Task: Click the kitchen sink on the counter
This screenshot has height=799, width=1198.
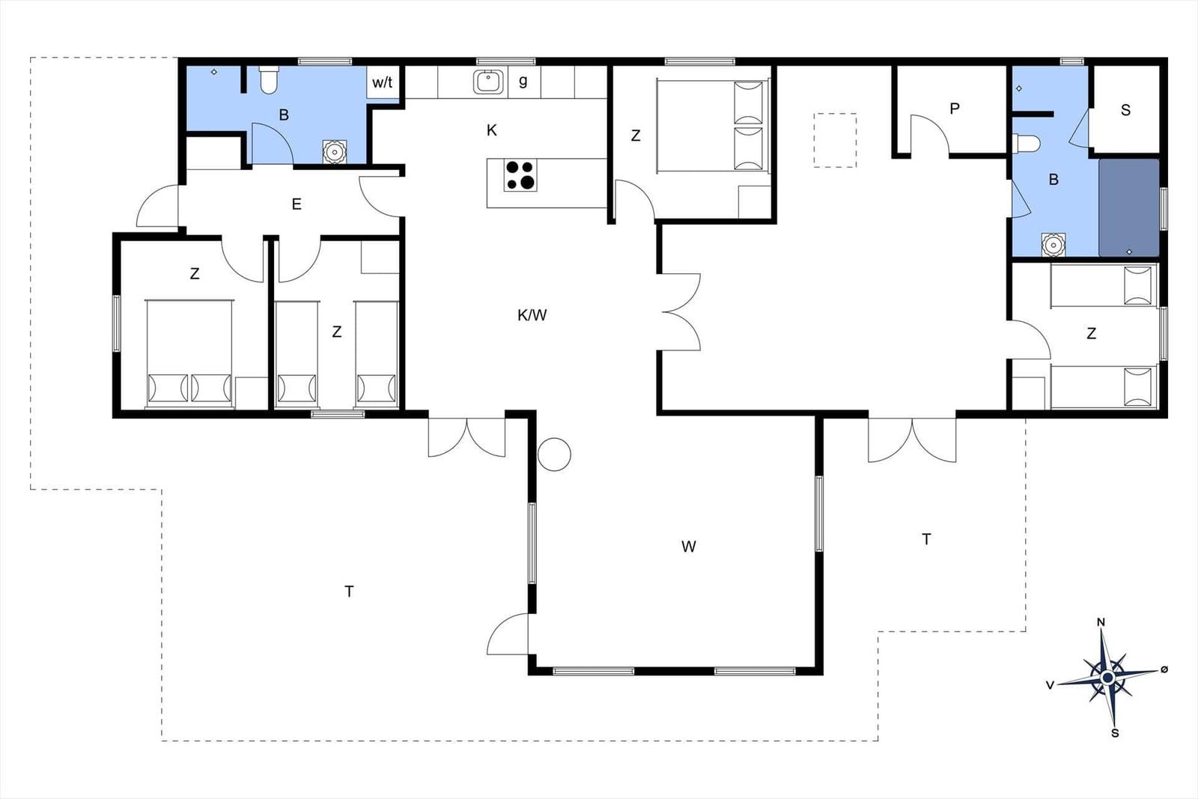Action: pyautogui.click(x=487, y=82)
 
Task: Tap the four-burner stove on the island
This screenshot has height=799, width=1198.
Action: pyautogui.click(x=520, y=175)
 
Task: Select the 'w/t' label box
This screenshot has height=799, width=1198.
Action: pyautogui.click(x=383, y=82)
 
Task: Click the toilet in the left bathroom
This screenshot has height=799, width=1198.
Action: pyautogui.click(x=268, y=79)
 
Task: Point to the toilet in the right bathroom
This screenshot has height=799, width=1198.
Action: pyautogui.click(x=1027, y=143)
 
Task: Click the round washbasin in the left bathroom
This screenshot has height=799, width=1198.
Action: pyautogui.click(x=335, y=152)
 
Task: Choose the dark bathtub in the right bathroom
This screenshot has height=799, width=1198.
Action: pyautogui.click(x=1129, y=207)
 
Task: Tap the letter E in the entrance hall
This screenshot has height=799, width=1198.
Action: pyautogui.click(x=297, y=204)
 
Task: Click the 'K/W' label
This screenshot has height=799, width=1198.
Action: pyautogui.click(x=532, y=315)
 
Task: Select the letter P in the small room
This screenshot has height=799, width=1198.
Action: pyautogui.click(x=955, y=109)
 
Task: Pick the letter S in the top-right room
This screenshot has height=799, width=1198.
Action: pyautogui.click(x=1126, y=109)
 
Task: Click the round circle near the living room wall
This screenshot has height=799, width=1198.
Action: pyautogui.click(x=554, y=455)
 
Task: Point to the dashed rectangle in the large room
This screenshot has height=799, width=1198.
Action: pyautogui.click(x=835, y=140)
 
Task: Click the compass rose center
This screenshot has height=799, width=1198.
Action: pyautogui.click(x=1108, y=678)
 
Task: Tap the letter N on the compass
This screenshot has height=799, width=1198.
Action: pyautogui.click(x=1101, y=622)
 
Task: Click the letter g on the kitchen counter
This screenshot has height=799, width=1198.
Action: pyautogui.click(x=523, y=81)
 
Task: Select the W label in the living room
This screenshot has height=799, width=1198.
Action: pyautogui.click(x=688, y=546)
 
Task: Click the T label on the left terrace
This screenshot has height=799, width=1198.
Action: pyautogui.click(x=349, y=591)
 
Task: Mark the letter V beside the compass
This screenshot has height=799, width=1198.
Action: pyautogui.click(x=1050, y=685)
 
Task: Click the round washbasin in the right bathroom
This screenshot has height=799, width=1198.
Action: pyautogui.click(x=1053, y=245)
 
